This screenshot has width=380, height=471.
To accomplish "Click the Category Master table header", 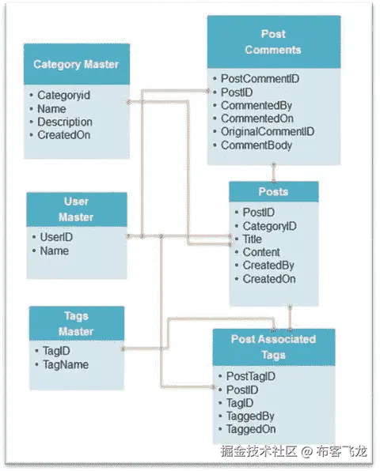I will tap(77, 64).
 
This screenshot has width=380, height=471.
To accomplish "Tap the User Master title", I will tap(77, 209).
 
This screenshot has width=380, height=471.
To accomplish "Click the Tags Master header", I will tap(77, 323).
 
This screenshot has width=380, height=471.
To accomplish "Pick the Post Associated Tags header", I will tap(273, 346).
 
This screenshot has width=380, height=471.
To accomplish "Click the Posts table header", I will tap(273, 192).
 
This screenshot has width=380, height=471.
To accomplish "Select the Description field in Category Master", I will tap(65, 122).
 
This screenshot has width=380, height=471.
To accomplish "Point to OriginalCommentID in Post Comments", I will tap(267, 132).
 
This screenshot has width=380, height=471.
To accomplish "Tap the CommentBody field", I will tap(256, 145).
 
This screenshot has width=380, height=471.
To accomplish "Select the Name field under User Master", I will tap(54, 251).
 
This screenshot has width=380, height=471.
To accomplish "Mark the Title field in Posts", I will tap(252, 239).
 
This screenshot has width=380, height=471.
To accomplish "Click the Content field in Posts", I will tap(261, 252).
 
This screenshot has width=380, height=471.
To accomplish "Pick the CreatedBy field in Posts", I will tap(268, 266).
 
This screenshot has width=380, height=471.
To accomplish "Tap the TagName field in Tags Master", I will tap(66, 364).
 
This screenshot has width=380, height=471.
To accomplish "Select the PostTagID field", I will tap(250, 376).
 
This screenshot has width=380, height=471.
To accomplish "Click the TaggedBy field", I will tap(249, 416).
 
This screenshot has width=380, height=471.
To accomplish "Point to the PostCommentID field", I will tap(260, 79).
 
